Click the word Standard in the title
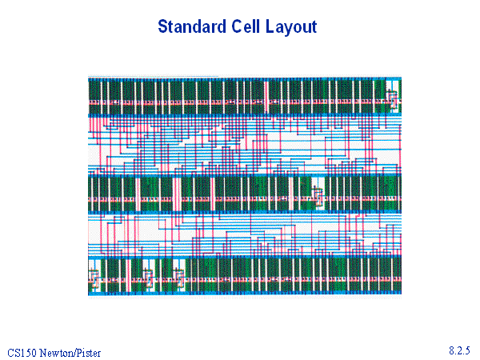(x=192, y=26)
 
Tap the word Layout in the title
(x=291, y=27)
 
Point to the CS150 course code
(x=22, y=353)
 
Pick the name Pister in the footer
(x=89, y=353)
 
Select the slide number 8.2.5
(x=459, y=350)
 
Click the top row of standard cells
(x=245, y=97)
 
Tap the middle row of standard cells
(x=245, y=194)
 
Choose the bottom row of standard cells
(x=245, y=275)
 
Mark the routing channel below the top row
(x=245, y=145)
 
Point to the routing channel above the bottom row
(x=245, y=234)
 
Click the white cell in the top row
(x=392, y=97)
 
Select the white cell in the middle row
(x=318, y=194)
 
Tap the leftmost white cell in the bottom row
(x=94, y=275)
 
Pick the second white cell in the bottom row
(x=149, y=275)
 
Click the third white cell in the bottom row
(x=179, y=275)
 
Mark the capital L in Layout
(x=270, y=26)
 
